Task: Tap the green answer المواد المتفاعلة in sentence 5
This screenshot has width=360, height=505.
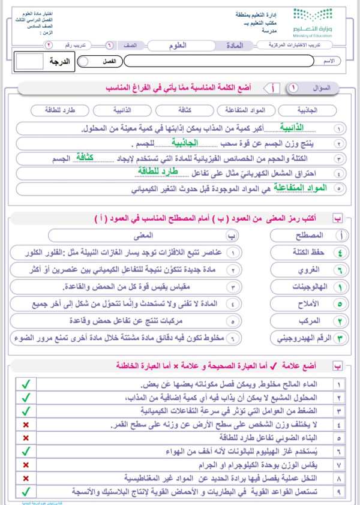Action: coord(305,188)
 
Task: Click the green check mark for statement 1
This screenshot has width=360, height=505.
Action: coord(25,383)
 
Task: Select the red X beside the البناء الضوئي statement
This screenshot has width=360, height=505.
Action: coord(25,437)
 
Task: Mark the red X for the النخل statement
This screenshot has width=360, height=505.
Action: coord(25,479)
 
